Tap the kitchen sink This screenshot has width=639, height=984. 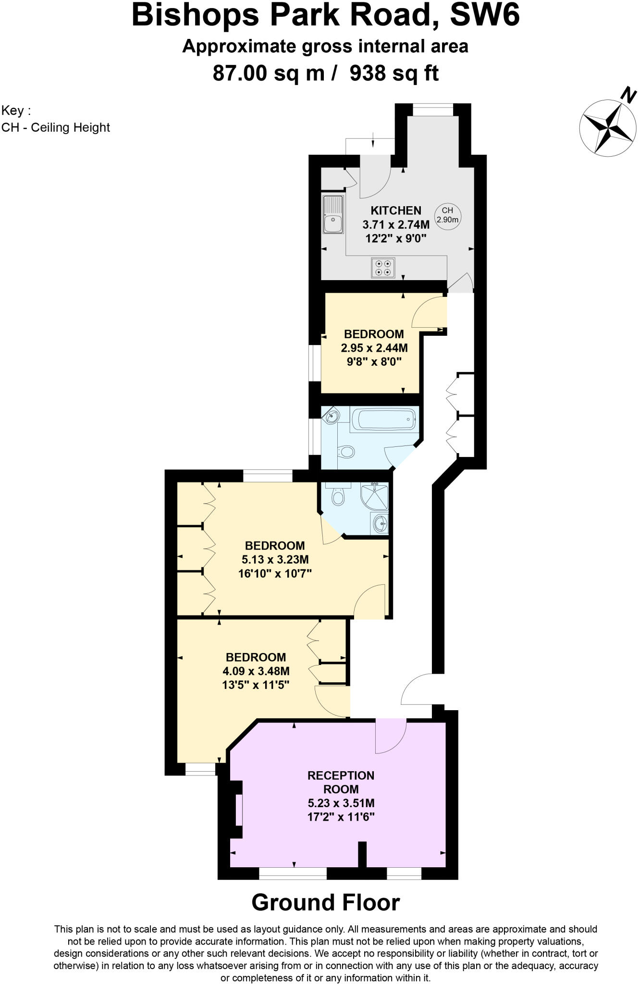[x=333, y=214]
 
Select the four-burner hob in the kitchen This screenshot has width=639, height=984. [x=383, y=268]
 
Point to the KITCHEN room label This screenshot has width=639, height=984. [x=396, y=210]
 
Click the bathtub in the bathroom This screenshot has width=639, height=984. [x=383, y=418]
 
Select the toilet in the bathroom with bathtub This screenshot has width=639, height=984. [x=346, y=452]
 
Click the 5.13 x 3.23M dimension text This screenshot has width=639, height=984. [x=275, y=559]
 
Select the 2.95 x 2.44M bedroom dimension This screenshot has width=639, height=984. [x=374, y=347]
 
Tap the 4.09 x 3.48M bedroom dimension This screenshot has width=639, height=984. [x=256, y=671]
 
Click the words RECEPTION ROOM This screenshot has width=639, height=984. [x=341, y=782]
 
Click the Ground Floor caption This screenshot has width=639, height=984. [x=325, y=902]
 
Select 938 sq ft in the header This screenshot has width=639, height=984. [x=394, y=74]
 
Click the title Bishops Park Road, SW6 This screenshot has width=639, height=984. [x=325, y=16]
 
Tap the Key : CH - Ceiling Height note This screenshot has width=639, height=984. [x=56, y=119]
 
